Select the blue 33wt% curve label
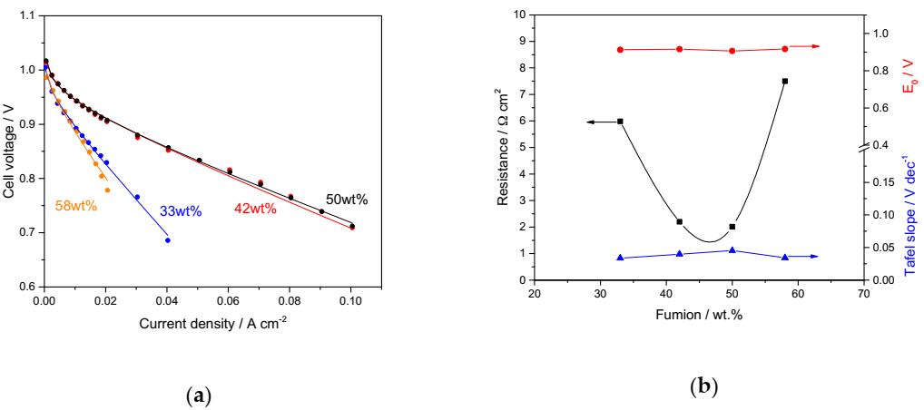tap(180, 211)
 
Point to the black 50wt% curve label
tap(347, 200)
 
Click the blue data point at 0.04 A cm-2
tap(167, 239)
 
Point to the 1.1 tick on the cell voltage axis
tap(28, 16)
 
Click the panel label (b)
tap(703, 387)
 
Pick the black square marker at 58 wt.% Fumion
tap(785, 81)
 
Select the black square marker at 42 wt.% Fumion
tap(679, 221)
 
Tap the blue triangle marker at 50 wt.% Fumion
tap(732, 250)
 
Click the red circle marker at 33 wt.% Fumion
tap(620, 50)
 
